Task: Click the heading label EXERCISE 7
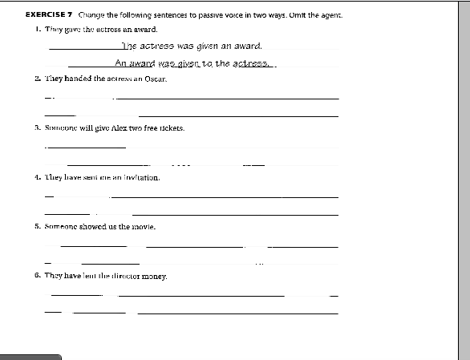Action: click(x=50, y=15)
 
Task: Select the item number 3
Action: click(x=38, y=127)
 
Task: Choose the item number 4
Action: click(x=38, y=177)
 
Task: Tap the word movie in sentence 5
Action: click(x=140, y=227)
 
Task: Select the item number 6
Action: click(x=38, y=276)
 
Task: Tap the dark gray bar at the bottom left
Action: click(x=30, y=357)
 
